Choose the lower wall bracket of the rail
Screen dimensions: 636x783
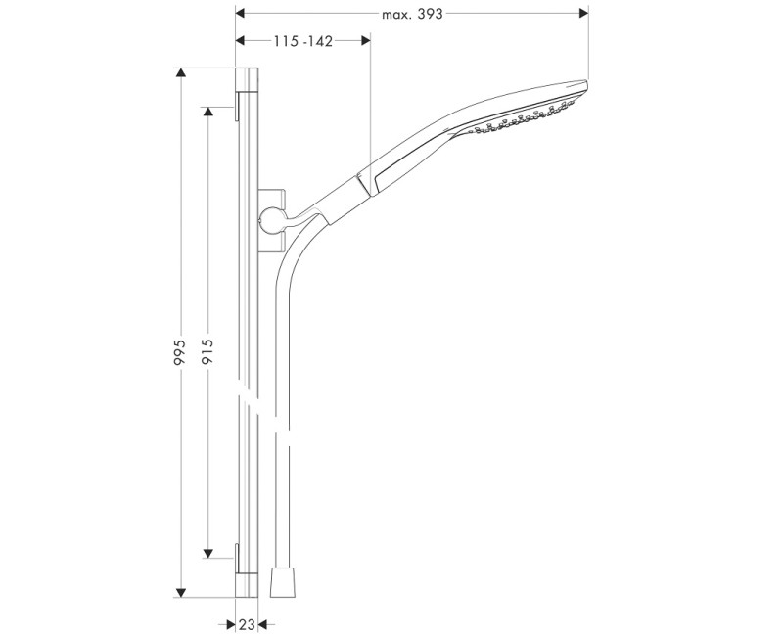point(237,557)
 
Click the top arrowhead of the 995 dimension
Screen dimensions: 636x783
point(180,73)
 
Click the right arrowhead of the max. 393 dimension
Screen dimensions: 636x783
point(583,14)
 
